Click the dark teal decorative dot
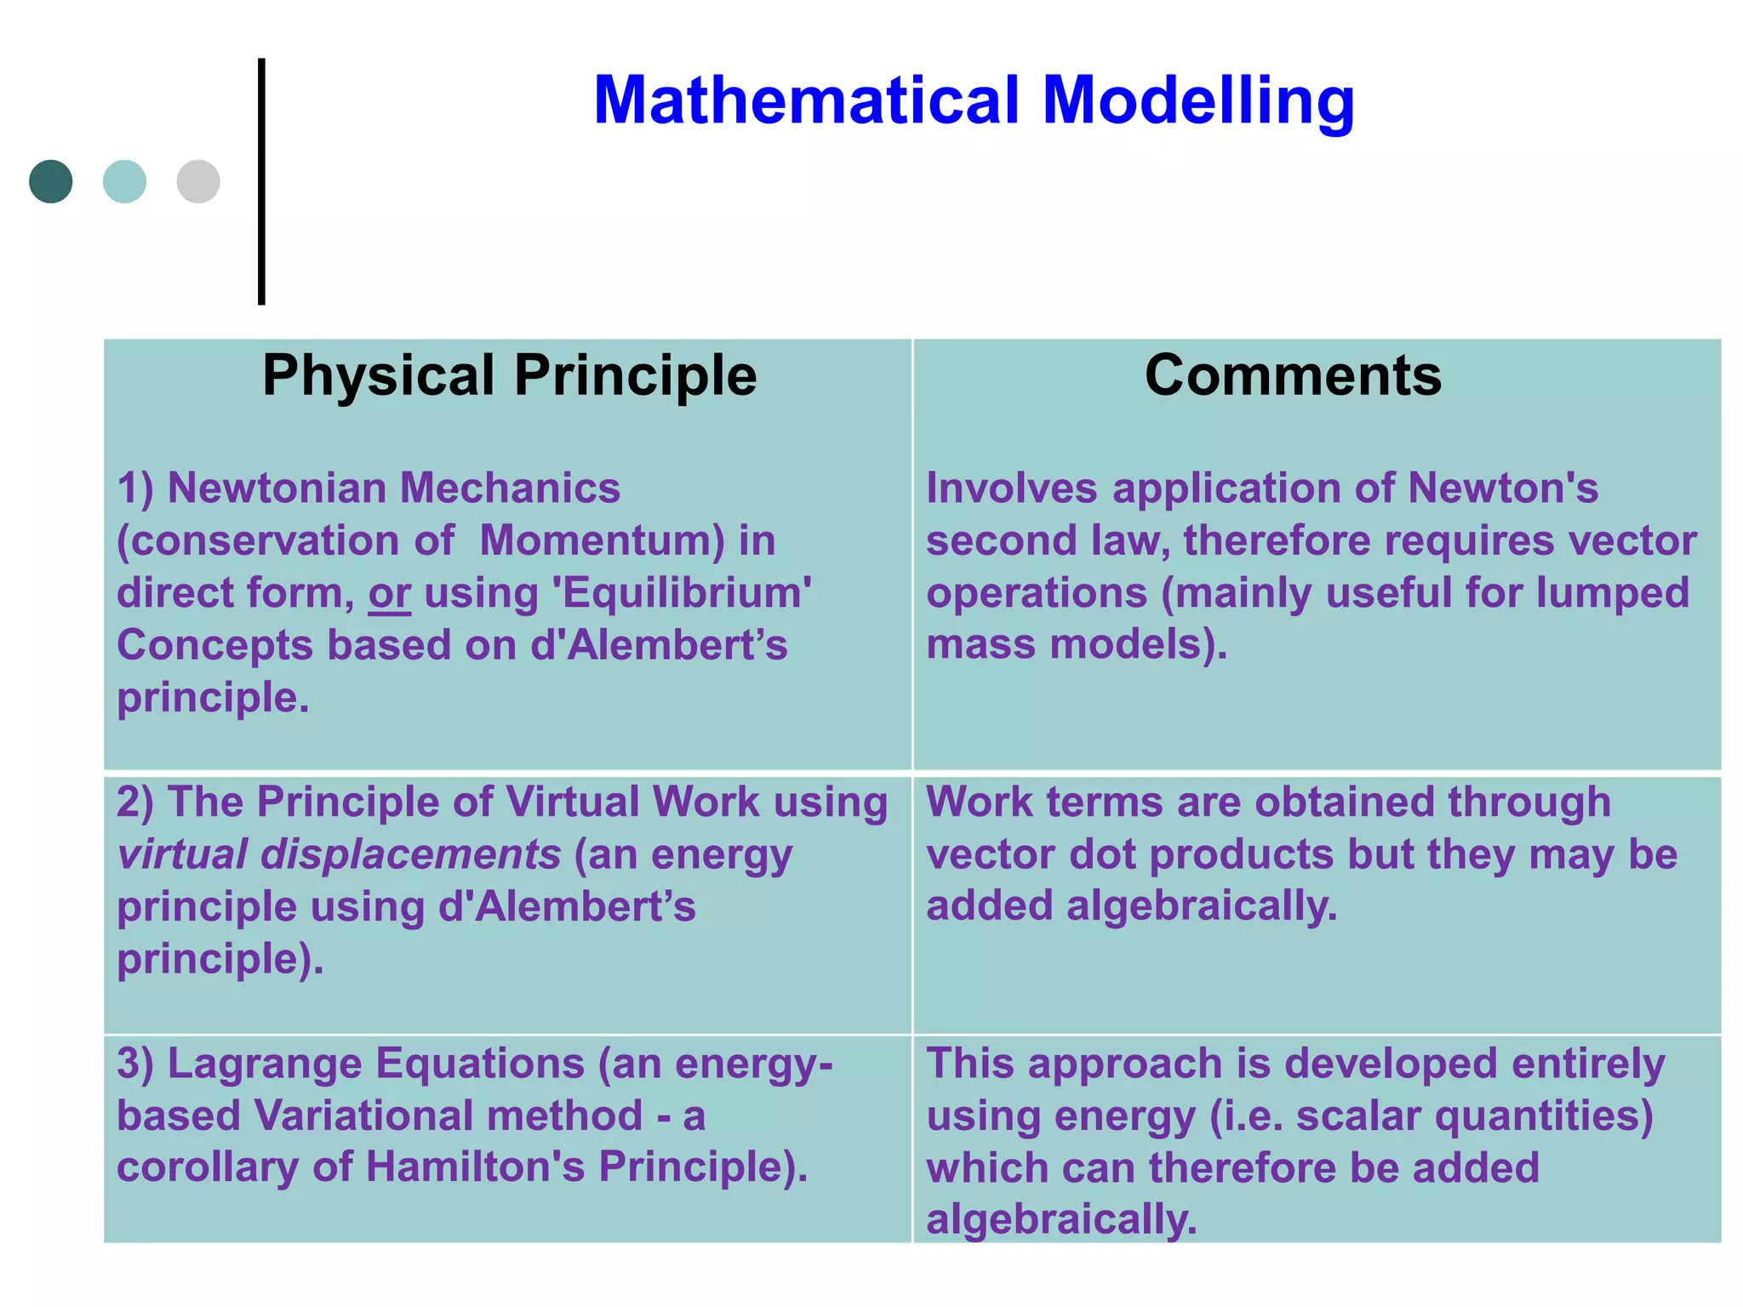point(50,181)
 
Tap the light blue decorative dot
point(124,181)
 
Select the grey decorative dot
point(198,181)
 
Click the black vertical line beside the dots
point(261,181)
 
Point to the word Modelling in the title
point(1197,100)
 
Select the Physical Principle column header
point(509,375)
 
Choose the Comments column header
point(1293,375)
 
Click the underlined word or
point(389,593)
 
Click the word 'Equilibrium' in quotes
point(686,593)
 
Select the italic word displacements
point(410,854)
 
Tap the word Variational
point(448,1116)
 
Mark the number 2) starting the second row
point(134,802)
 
